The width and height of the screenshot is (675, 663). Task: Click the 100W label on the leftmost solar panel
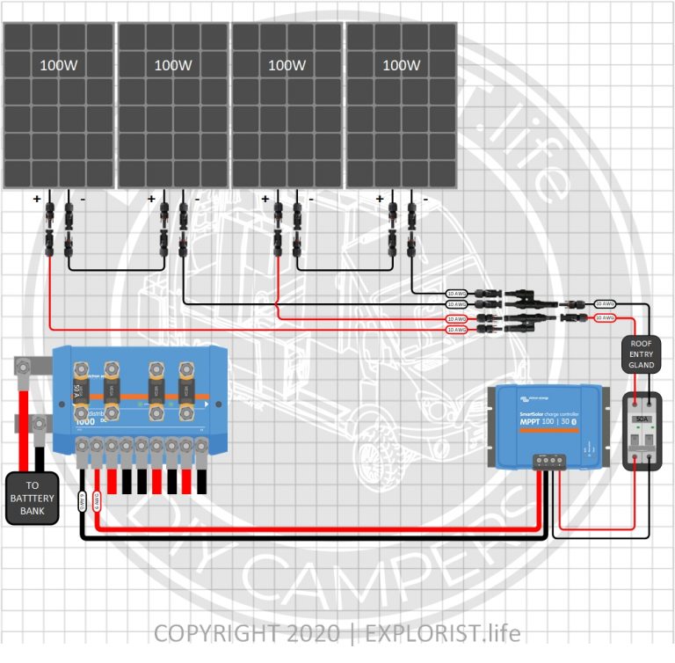57,65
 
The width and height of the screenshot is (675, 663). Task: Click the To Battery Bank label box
32,499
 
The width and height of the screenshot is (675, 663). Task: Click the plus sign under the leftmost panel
37,200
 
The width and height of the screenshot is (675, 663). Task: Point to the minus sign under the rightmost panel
425,200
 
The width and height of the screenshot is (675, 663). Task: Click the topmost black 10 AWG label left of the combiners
456,293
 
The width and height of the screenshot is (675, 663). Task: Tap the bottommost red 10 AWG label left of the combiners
456,330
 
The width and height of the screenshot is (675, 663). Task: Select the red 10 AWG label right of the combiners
604,317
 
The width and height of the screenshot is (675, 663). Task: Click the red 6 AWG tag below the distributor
97,500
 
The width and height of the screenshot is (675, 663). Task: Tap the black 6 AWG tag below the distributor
82,500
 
